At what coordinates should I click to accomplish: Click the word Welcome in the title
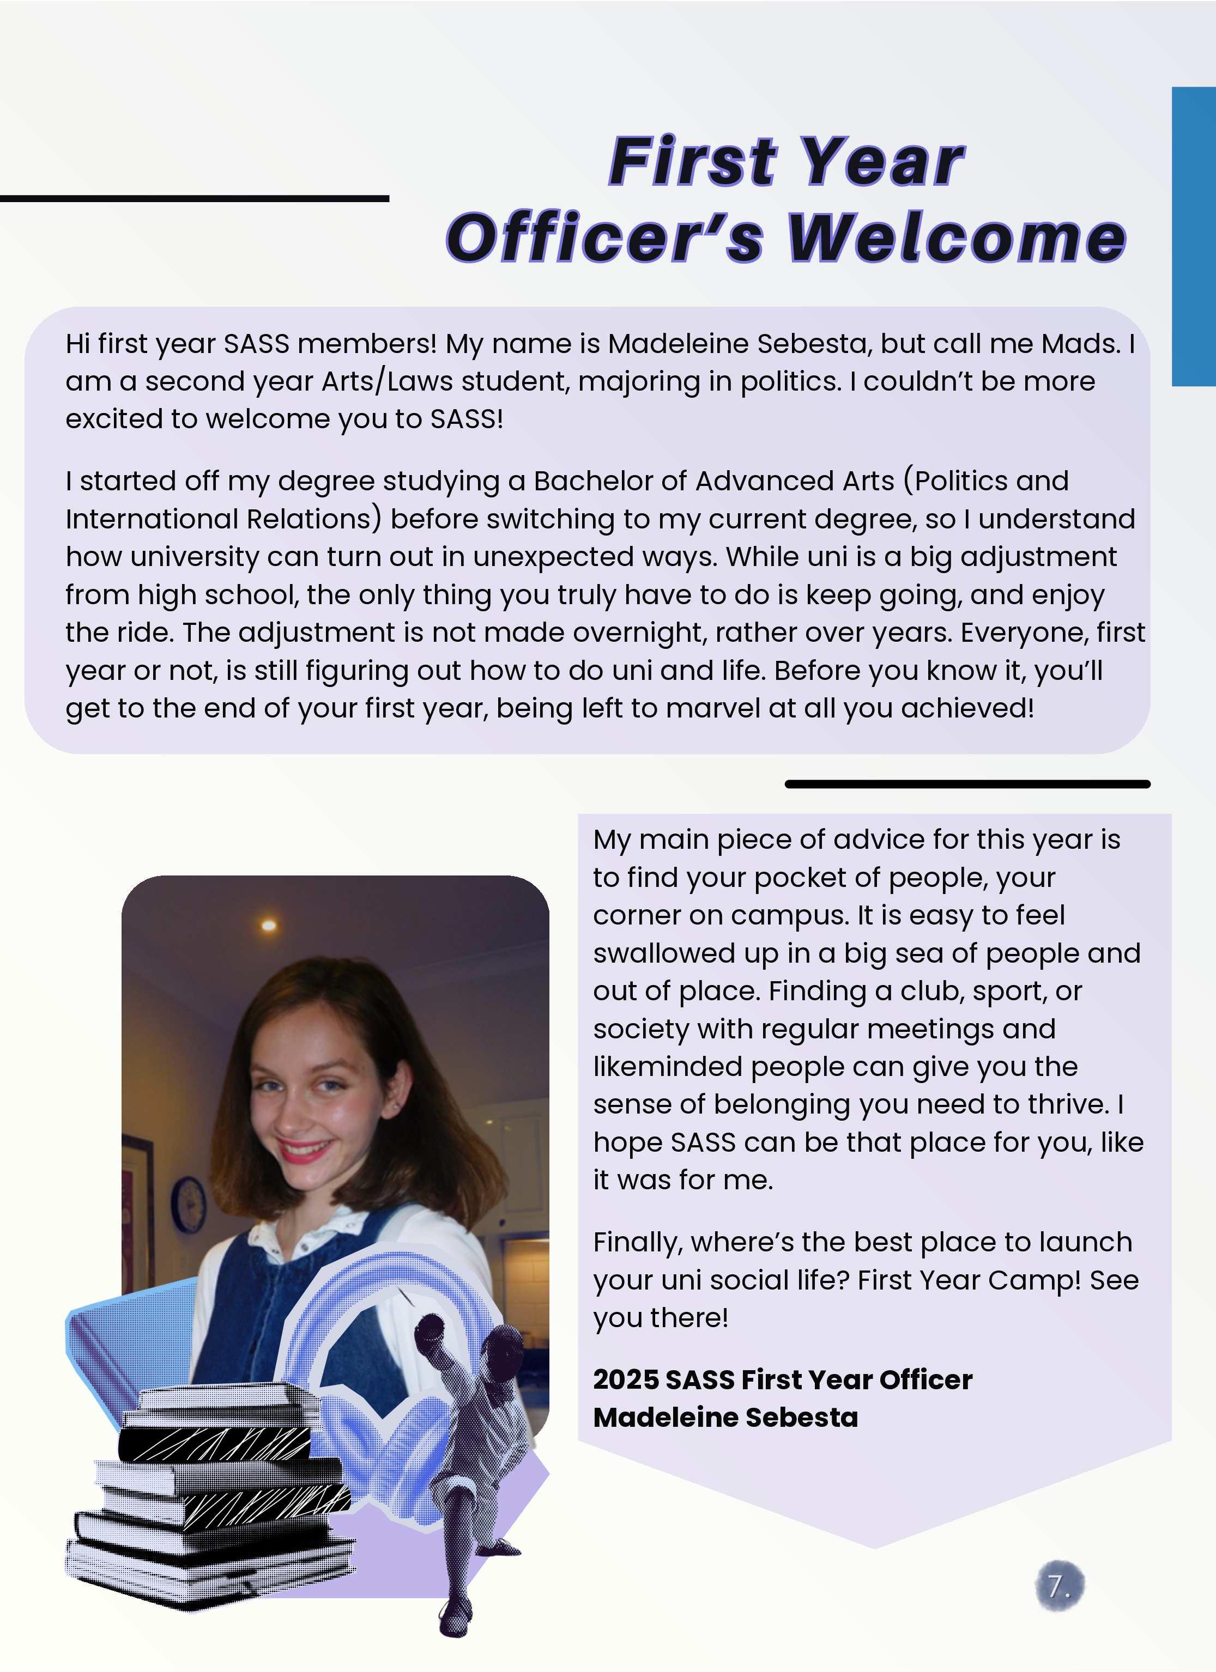[x=957, y=238]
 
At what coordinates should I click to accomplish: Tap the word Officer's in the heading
[x=604, y=238]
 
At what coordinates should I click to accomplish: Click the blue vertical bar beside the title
[x=1193, y=236]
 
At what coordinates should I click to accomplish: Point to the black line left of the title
[x=194, y=198]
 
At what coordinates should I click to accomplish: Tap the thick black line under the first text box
[x=967, y=783]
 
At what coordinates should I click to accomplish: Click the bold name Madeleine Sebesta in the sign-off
[x=725, y=1417]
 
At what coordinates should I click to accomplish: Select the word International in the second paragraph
[x=151, y=519]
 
